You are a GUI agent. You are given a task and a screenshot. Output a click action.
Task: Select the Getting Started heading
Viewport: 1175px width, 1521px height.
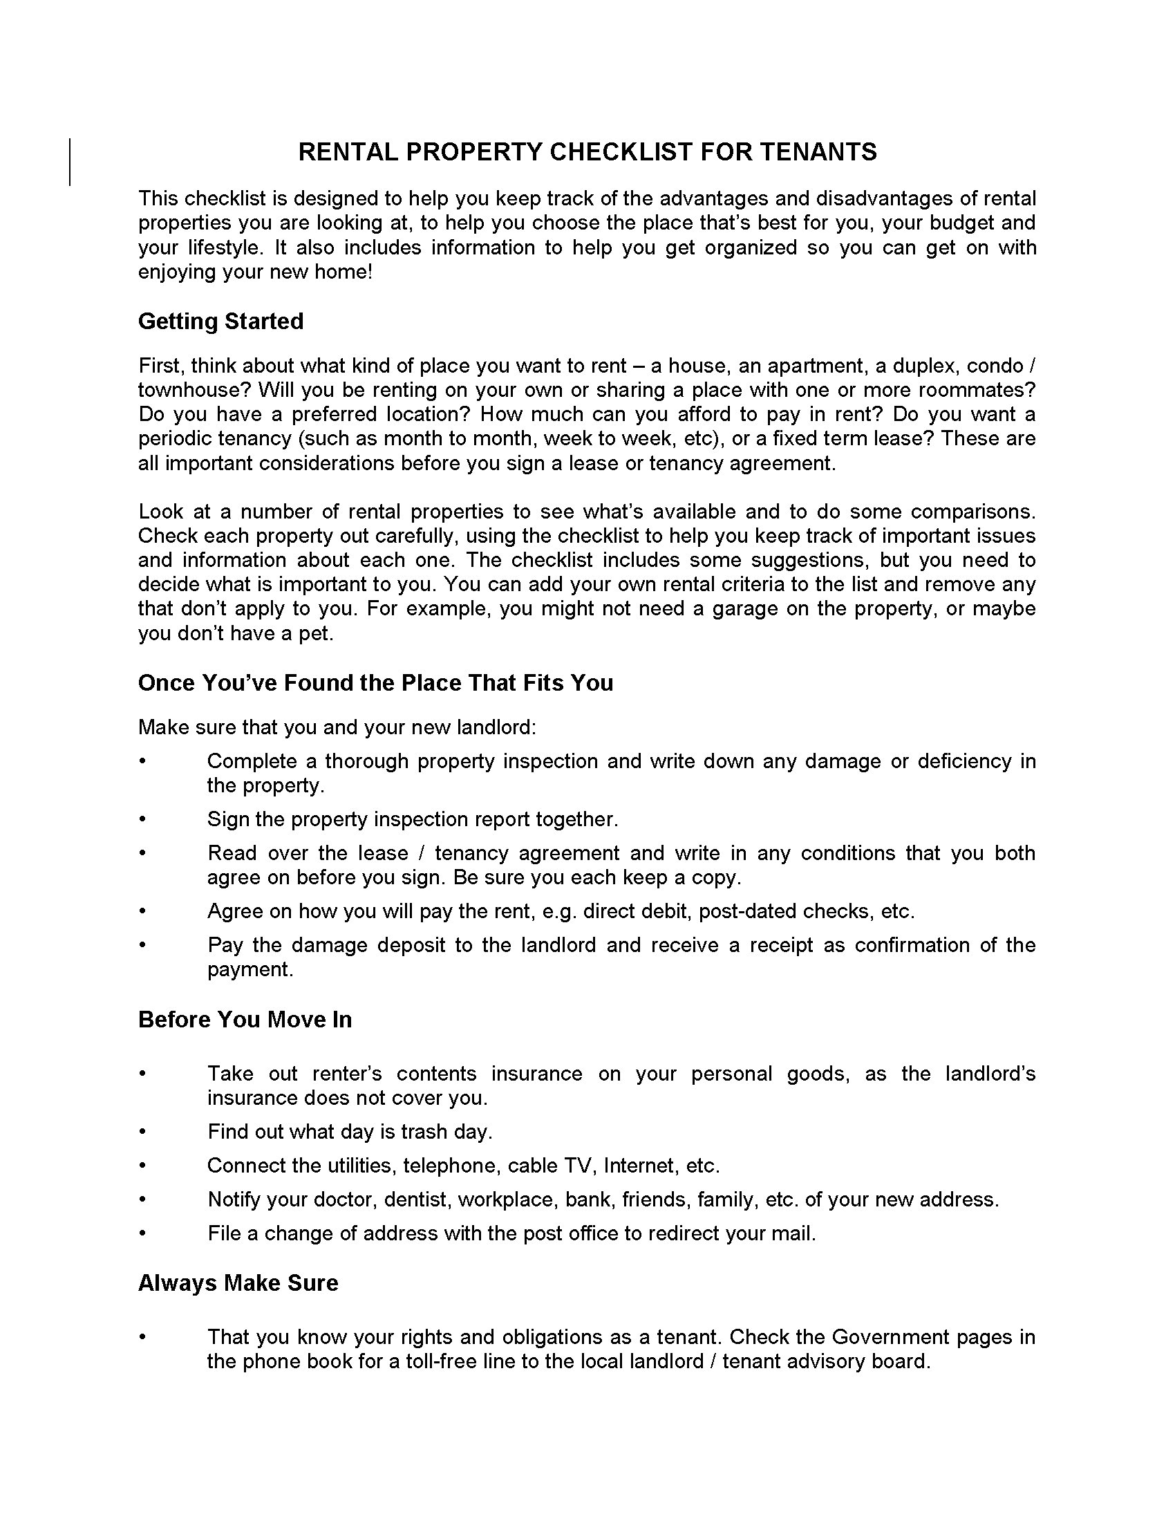[220, 321]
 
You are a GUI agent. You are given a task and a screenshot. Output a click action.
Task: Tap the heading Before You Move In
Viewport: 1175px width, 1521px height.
[245, 1020]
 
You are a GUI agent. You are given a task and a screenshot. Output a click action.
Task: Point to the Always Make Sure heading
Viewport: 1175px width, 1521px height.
[238, 1282]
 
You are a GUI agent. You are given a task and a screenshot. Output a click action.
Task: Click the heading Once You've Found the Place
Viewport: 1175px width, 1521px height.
[375, 682]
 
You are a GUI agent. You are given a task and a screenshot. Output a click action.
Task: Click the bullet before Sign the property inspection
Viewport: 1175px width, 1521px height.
[142, 819]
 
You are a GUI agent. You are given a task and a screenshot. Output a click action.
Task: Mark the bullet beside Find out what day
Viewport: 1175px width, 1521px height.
[142, 1132]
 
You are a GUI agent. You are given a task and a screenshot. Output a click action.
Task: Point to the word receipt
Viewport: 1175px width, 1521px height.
[781, 945]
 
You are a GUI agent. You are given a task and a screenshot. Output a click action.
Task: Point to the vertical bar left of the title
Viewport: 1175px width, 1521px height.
[70, 162]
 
